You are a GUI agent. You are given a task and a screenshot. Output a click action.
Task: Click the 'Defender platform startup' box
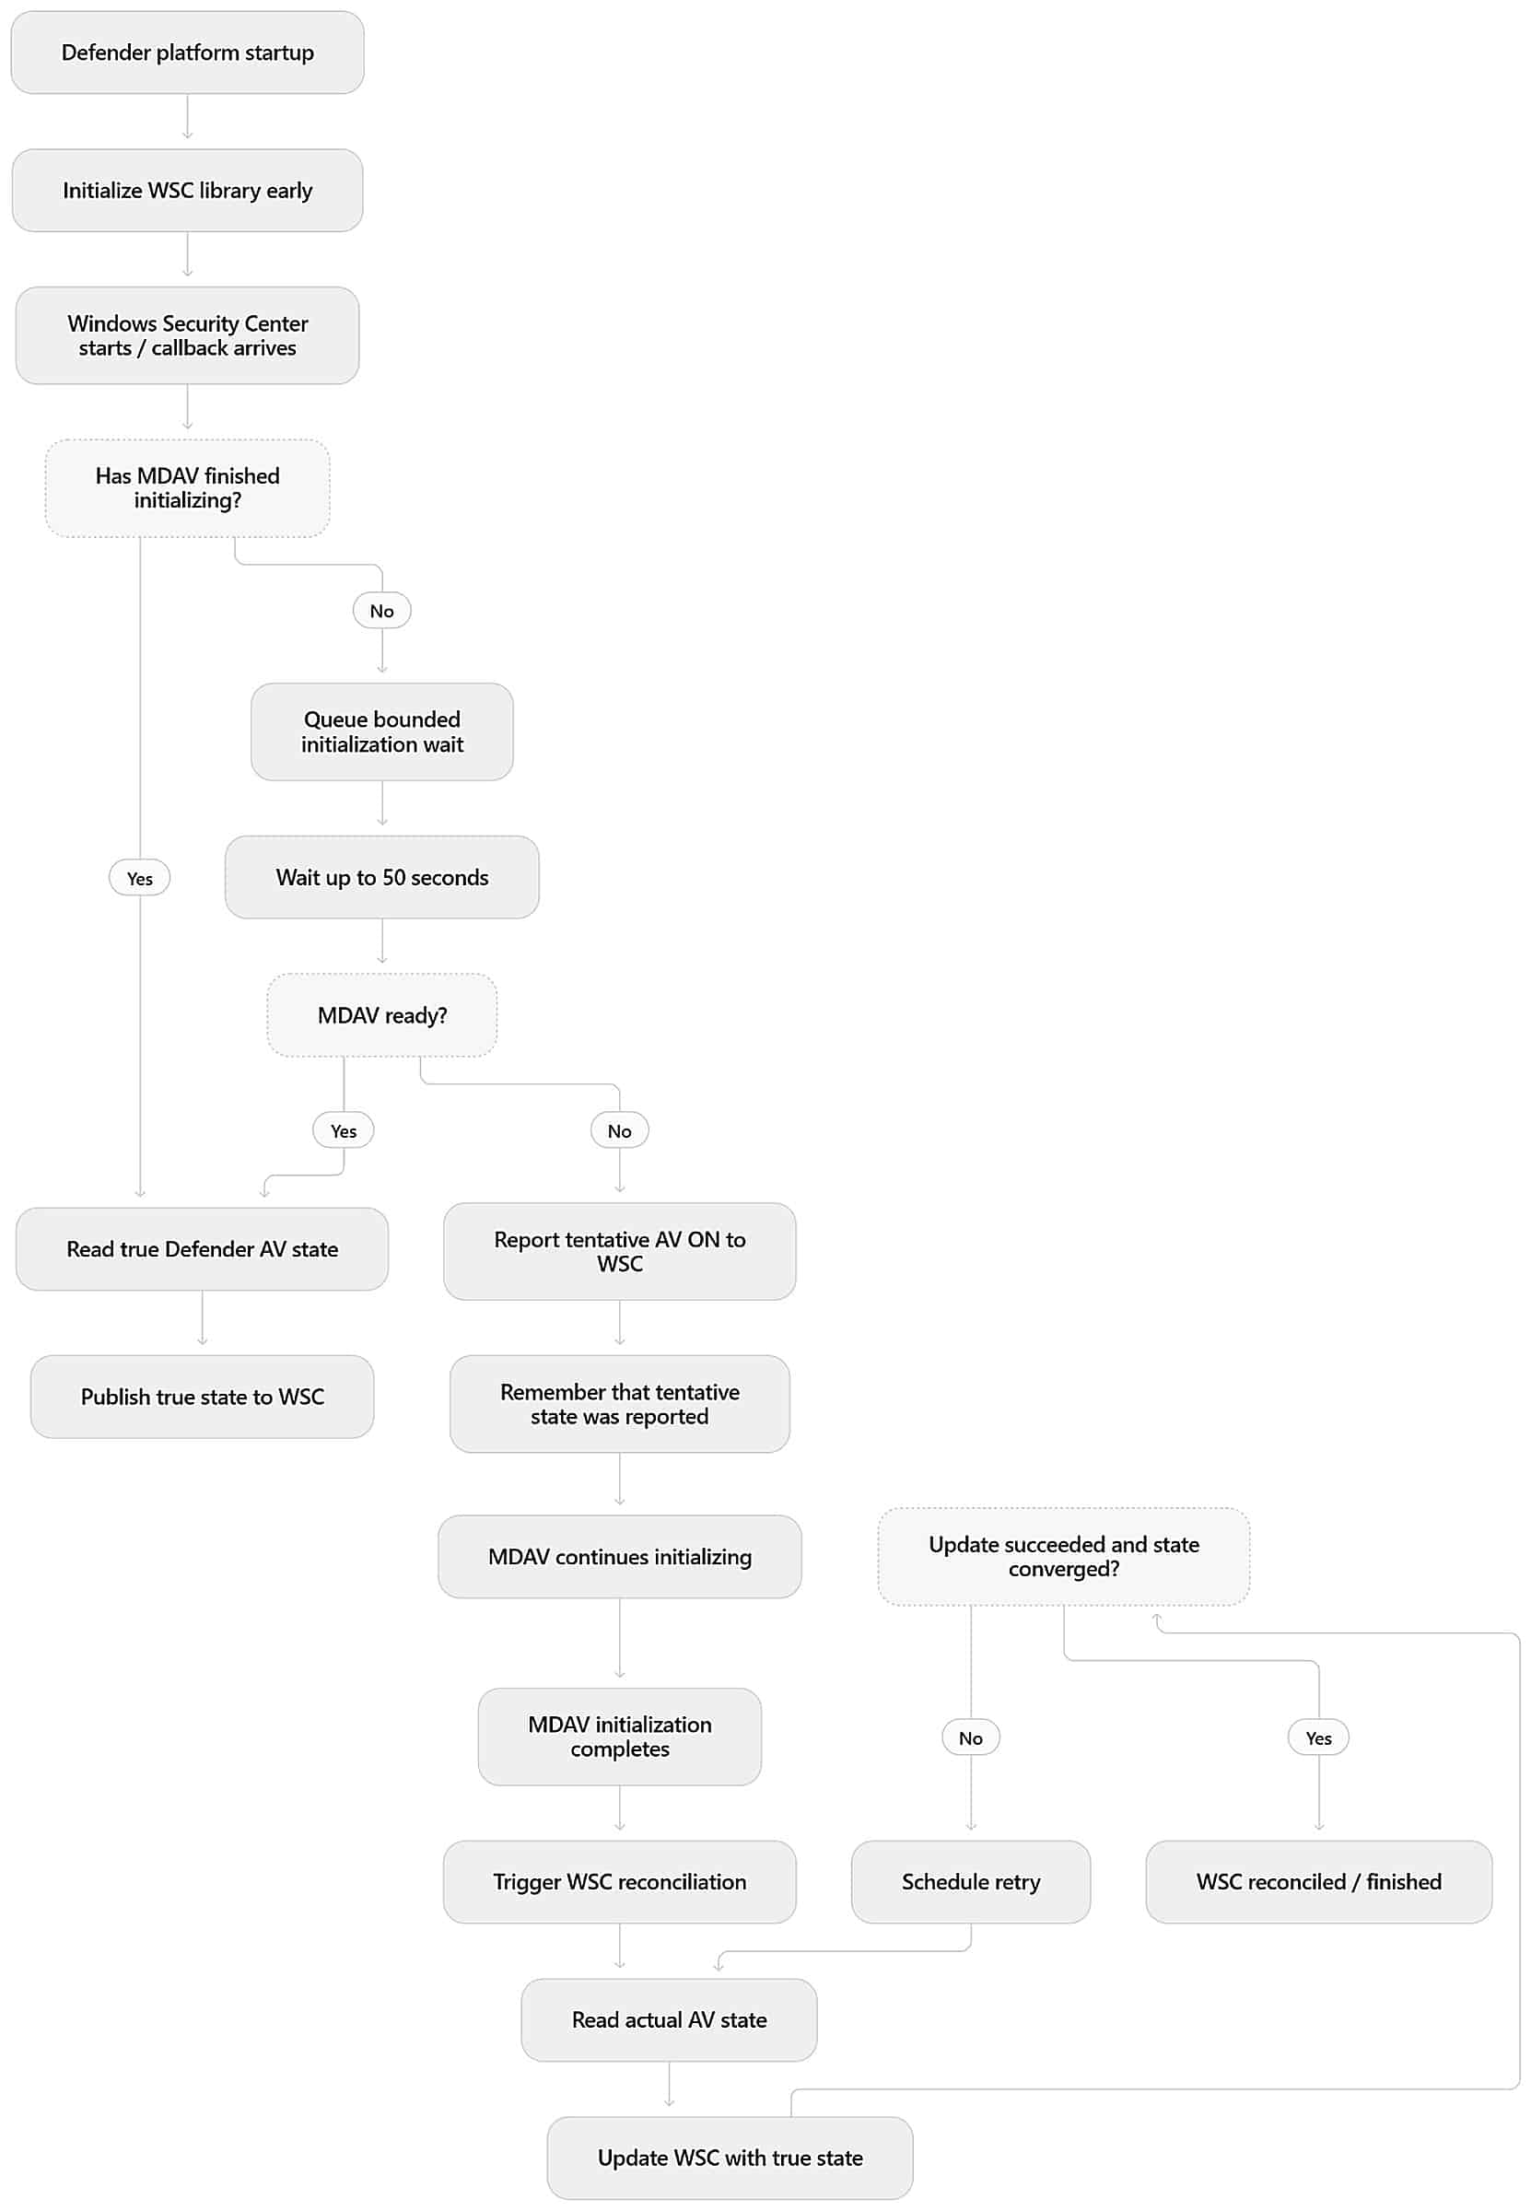(187, 53)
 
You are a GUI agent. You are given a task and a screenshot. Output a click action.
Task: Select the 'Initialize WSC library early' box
(187, 190)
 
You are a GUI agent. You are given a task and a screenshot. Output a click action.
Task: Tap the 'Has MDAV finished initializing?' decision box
(187, 488)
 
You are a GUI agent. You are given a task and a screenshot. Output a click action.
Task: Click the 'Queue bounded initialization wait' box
(381, 731)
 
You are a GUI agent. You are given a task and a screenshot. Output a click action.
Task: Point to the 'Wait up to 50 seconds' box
(381, 878)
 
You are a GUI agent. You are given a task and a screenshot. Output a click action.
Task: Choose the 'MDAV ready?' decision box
(381, 1016)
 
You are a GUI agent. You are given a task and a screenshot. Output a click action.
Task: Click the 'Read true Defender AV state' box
(203, 1249)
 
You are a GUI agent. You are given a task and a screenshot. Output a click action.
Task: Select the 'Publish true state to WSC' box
(203, 1397)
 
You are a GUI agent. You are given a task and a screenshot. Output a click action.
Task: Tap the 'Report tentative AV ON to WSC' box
(620, 1252)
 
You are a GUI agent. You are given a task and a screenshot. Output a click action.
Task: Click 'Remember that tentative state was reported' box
(620, 1404)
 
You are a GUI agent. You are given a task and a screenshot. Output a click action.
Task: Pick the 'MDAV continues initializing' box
(620, 1557)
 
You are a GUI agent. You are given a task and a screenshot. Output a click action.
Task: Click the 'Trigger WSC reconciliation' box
(620, 1882)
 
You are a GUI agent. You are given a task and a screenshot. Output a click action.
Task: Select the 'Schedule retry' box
(971, 1882)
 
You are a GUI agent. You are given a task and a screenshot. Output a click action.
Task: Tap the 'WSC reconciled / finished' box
(1319, 1882)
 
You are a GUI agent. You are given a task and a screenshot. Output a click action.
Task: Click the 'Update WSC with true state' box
(730, 2158)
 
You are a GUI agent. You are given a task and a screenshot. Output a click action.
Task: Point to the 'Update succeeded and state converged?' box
(1064, 1557)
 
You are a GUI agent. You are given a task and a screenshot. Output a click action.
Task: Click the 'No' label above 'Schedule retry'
(971, 1738)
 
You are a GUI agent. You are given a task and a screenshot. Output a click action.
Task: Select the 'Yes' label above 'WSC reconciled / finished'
(1319, 1738)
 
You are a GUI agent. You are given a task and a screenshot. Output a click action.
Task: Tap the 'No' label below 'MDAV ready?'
(620, 1131)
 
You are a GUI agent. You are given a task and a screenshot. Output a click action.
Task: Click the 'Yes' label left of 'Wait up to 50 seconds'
(140, 879)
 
